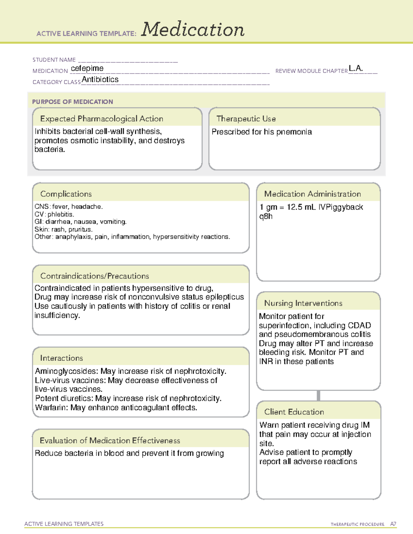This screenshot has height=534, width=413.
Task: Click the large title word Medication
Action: (193, 30)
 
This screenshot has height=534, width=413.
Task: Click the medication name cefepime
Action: (87, 68)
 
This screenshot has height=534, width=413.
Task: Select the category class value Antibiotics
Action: (100, 79)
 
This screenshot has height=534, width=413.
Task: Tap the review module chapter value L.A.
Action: (356, 68)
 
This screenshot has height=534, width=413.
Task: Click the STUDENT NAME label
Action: (54, 60)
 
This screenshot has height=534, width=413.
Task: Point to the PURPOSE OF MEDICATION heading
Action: (73, 102)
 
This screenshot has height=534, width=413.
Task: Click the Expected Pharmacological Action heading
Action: (102, 119)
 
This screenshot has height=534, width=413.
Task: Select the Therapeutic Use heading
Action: (246, 119)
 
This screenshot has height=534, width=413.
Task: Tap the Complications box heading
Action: (66, 194)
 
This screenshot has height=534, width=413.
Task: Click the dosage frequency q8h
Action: (266, 216)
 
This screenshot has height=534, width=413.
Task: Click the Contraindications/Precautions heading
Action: (95, 276)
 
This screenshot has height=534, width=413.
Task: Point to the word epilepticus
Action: (224, 297)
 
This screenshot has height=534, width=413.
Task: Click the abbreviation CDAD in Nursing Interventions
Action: (359, 325)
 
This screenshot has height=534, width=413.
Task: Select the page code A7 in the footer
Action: (393, 524)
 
